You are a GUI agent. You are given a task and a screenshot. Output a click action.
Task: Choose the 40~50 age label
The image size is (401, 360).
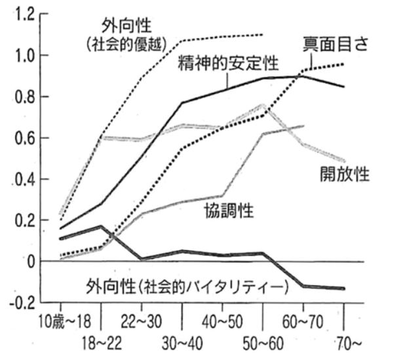pos(223,321)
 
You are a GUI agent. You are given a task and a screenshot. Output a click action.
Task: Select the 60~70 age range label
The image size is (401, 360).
pos(304,321)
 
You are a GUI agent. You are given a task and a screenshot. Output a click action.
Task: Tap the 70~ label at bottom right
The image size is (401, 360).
pos(344,342)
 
